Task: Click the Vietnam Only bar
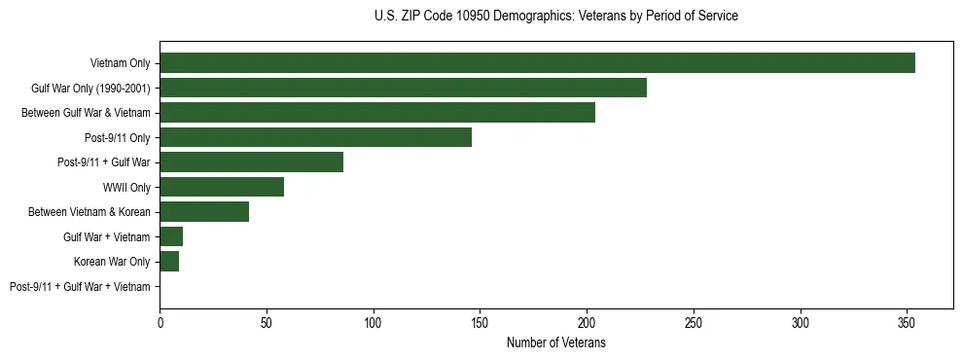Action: pyautogui.click(x=537, y=63)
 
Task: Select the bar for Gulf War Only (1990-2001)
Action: pyautogui.click(x=403, y=89)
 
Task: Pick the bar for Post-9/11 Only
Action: pyautogui.click(x=315, y=138)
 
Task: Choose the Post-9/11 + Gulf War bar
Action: pyautogui.click(x=251, y=162)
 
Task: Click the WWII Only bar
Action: pyautogui.click(x=222, y=187)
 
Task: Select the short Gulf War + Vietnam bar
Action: pyautogui.click(x=171, y=236)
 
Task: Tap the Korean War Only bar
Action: pyautogui.click(x=169, y=262)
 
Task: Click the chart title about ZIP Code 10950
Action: pyautogui.click(x=555, y=17)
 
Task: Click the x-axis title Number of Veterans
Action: pyautogui.click(x=555, y=342)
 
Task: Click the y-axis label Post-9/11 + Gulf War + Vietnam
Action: pyautogui.click(x=80, y=287)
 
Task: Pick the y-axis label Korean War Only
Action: pyautogui.click(x=112, y=262)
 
